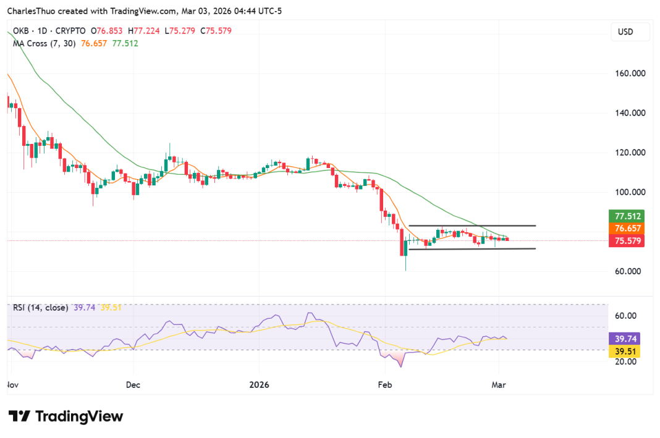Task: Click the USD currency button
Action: pos(630,32)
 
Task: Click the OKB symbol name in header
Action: pos(21,31)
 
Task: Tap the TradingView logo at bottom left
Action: pos(66,416)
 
